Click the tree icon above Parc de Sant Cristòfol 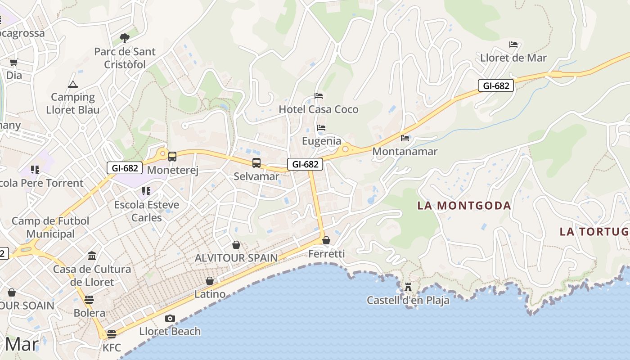124,38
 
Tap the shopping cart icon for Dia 14,62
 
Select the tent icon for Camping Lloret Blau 72,84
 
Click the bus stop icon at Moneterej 172,156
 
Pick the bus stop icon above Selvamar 256,162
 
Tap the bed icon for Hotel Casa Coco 319,96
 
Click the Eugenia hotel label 321,141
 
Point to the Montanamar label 405,151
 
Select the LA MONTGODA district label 464,206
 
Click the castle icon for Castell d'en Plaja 408,287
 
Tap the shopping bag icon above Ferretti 326,240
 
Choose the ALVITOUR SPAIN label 236,258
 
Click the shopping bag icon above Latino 210,281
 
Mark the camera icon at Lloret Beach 170,318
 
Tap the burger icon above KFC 112,334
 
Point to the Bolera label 89,313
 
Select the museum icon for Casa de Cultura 92,256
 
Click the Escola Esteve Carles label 146,211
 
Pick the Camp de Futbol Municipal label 50,227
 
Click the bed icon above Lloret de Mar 513,45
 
